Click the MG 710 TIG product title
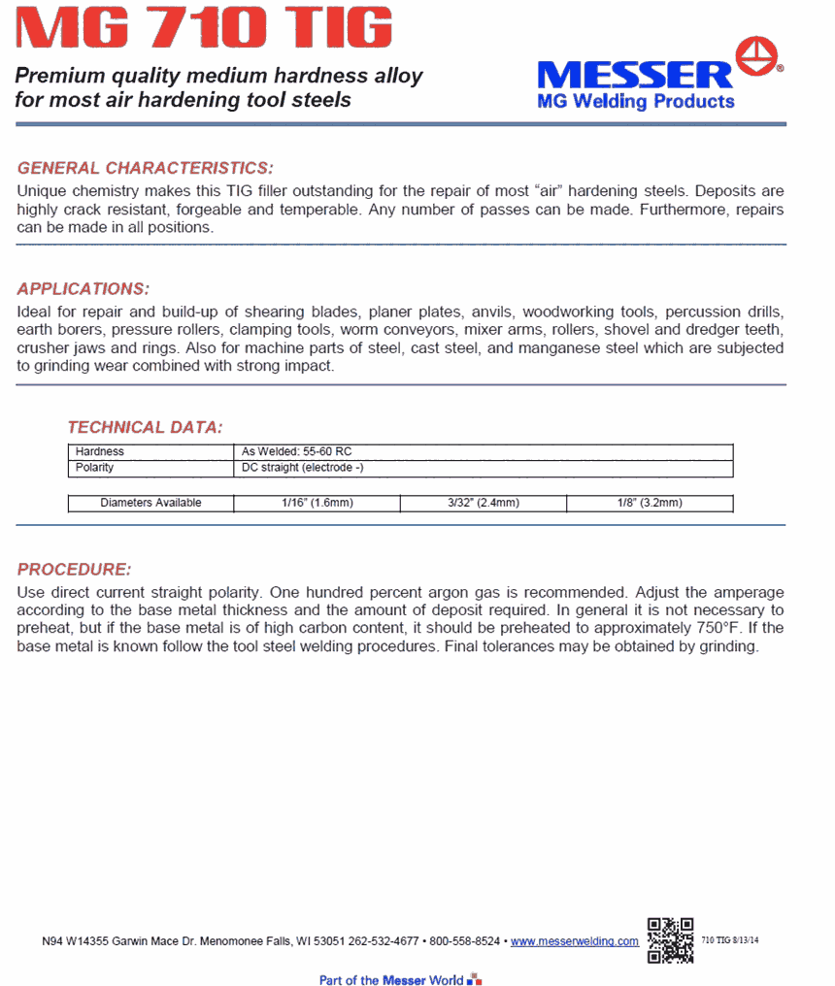click(205, 29)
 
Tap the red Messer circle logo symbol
click(758, 57)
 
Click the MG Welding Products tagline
click(635, 101)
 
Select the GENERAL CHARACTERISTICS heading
click(146, 168)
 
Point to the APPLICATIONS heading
click(83, 289)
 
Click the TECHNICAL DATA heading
click(145, 427)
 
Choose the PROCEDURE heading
click(74, 570)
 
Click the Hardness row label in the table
click(100, 451)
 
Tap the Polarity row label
click(95, 467)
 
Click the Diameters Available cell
click(150, 503)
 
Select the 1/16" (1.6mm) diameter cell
click(317, 503)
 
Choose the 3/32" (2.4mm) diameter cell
click(483, 503)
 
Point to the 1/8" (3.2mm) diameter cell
click(649, 503)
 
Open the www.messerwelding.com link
click(575, 941)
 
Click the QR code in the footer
click(670, 939)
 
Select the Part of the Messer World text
click(391, 980)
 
